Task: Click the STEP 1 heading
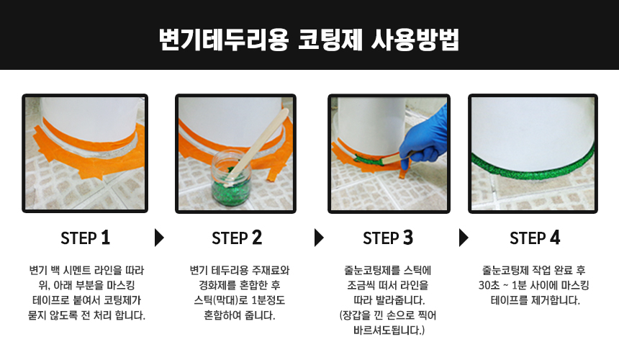click(85, 238)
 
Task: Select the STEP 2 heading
click(237, 238)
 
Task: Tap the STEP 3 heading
click(388, 238)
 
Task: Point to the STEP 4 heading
click(535, 238)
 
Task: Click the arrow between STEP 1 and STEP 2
click(159, 238)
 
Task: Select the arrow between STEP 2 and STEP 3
click(319, 238)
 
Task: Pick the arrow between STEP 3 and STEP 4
click(464, 238)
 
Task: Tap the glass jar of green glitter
click(231, 179)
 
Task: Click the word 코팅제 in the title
click(330, 40)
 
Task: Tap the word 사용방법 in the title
click(415, 40)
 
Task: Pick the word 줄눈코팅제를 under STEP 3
click(367, 271)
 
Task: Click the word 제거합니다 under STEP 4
click(556, 300)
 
